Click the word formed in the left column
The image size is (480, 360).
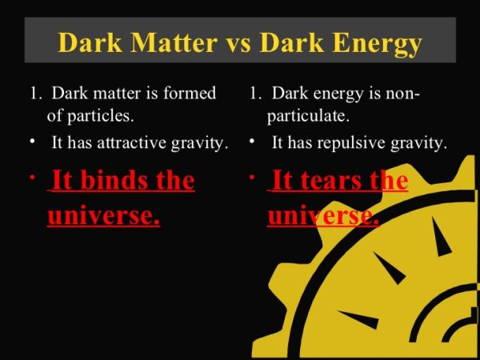(x=190, y=93)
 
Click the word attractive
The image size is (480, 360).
(x=132, y=142)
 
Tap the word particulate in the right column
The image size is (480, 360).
(x=308, y=116)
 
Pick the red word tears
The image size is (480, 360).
(x=332, y=181)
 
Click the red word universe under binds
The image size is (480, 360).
(x=103, y=215)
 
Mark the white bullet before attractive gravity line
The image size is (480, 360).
(x=32, y=142)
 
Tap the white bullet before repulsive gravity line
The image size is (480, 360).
(x=252, y=141)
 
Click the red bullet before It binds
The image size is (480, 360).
(x=32, y=178)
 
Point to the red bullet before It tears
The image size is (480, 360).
(x=252, y=177)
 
